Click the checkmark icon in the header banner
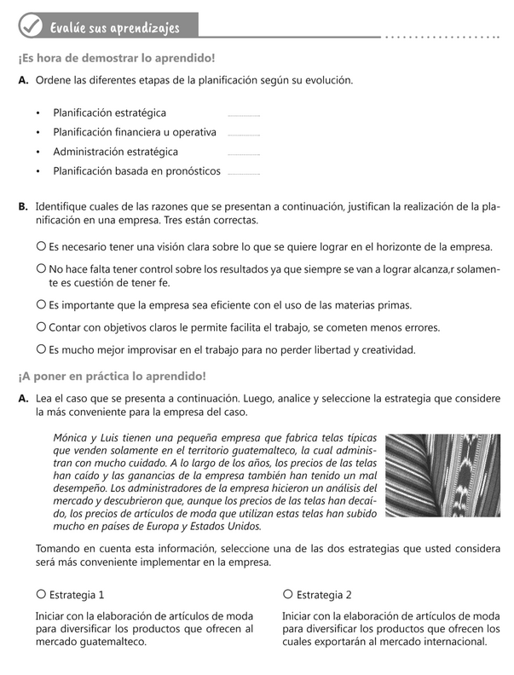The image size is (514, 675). [x=31, y=26]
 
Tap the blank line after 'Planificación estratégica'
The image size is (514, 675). [x=244, y=114]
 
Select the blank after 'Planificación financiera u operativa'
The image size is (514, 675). [x=244, y=134]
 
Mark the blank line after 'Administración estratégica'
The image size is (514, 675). [x=244, y=153]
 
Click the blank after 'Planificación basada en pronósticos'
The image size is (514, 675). [x=244, y=173]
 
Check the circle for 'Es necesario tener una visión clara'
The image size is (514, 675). [x=41, y=246]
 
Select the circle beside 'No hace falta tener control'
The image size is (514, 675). [x=41, y=268]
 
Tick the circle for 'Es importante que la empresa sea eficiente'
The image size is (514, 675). [x=41, y=304]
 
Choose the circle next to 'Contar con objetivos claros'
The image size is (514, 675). [x=41, y=326]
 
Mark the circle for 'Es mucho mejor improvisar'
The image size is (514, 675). [x=41, y=349]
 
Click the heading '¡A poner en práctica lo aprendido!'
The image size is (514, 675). [x=112, y=377]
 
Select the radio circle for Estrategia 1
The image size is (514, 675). [x=41, y=593]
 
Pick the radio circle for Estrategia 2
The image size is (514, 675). [x=288, y=593]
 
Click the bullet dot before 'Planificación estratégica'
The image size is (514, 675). [x=39, y=113]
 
